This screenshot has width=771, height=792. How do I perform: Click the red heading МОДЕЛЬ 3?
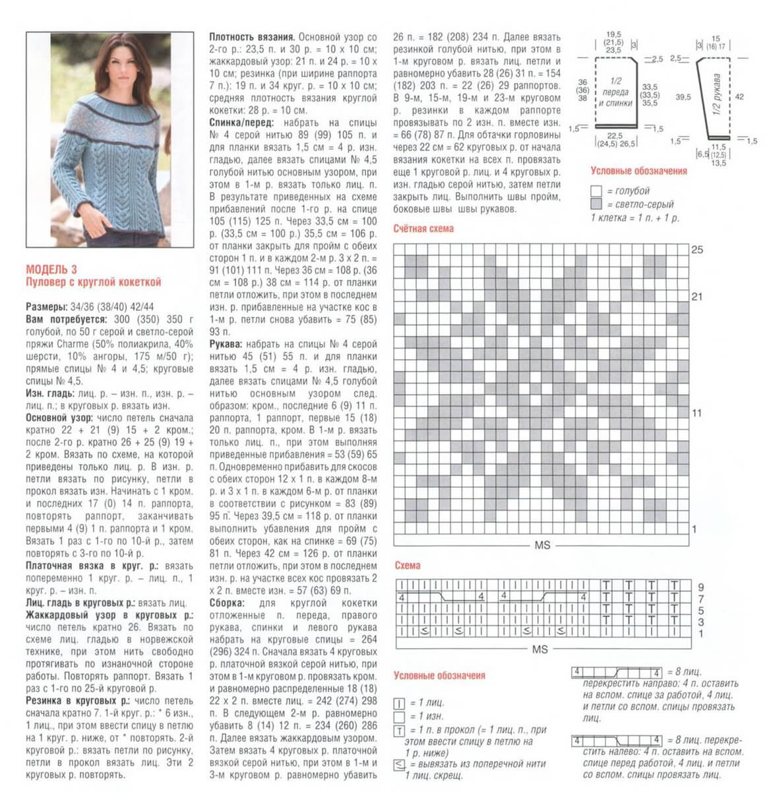(51, 269)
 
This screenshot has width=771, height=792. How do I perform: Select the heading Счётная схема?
(423, 229)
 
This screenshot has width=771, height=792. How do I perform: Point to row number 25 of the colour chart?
(697, 250)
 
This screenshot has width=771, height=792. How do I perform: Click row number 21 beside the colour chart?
(697, 297)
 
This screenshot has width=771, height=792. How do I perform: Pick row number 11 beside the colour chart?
(697, 413)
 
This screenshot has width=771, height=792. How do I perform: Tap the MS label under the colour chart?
(542, 546)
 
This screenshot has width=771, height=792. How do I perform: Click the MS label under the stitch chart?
(540, 649)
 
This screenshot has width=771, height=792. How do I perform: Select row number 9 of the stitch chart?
(701, 587)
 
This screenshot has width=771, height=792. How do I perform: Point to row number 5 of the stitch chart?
(701, 610)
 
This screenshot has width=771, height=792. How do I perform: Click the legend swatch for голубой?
(596, 191)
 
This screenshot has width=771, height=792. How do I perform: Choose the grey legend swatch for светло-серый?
(596, 205)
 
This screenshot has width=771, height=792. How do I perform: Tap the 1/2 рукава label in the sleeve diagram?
(717, 96)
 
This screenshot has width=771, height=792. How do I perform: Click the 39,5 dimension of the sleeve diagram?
(683, 97)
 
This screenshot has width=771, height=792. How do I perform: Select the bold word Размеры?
(46, 307)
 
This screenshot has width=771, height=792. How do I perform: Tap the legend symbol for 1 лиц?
(399, 704)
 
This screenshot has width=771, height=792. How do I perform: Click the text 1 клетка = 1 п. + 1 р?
(634, 218)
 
